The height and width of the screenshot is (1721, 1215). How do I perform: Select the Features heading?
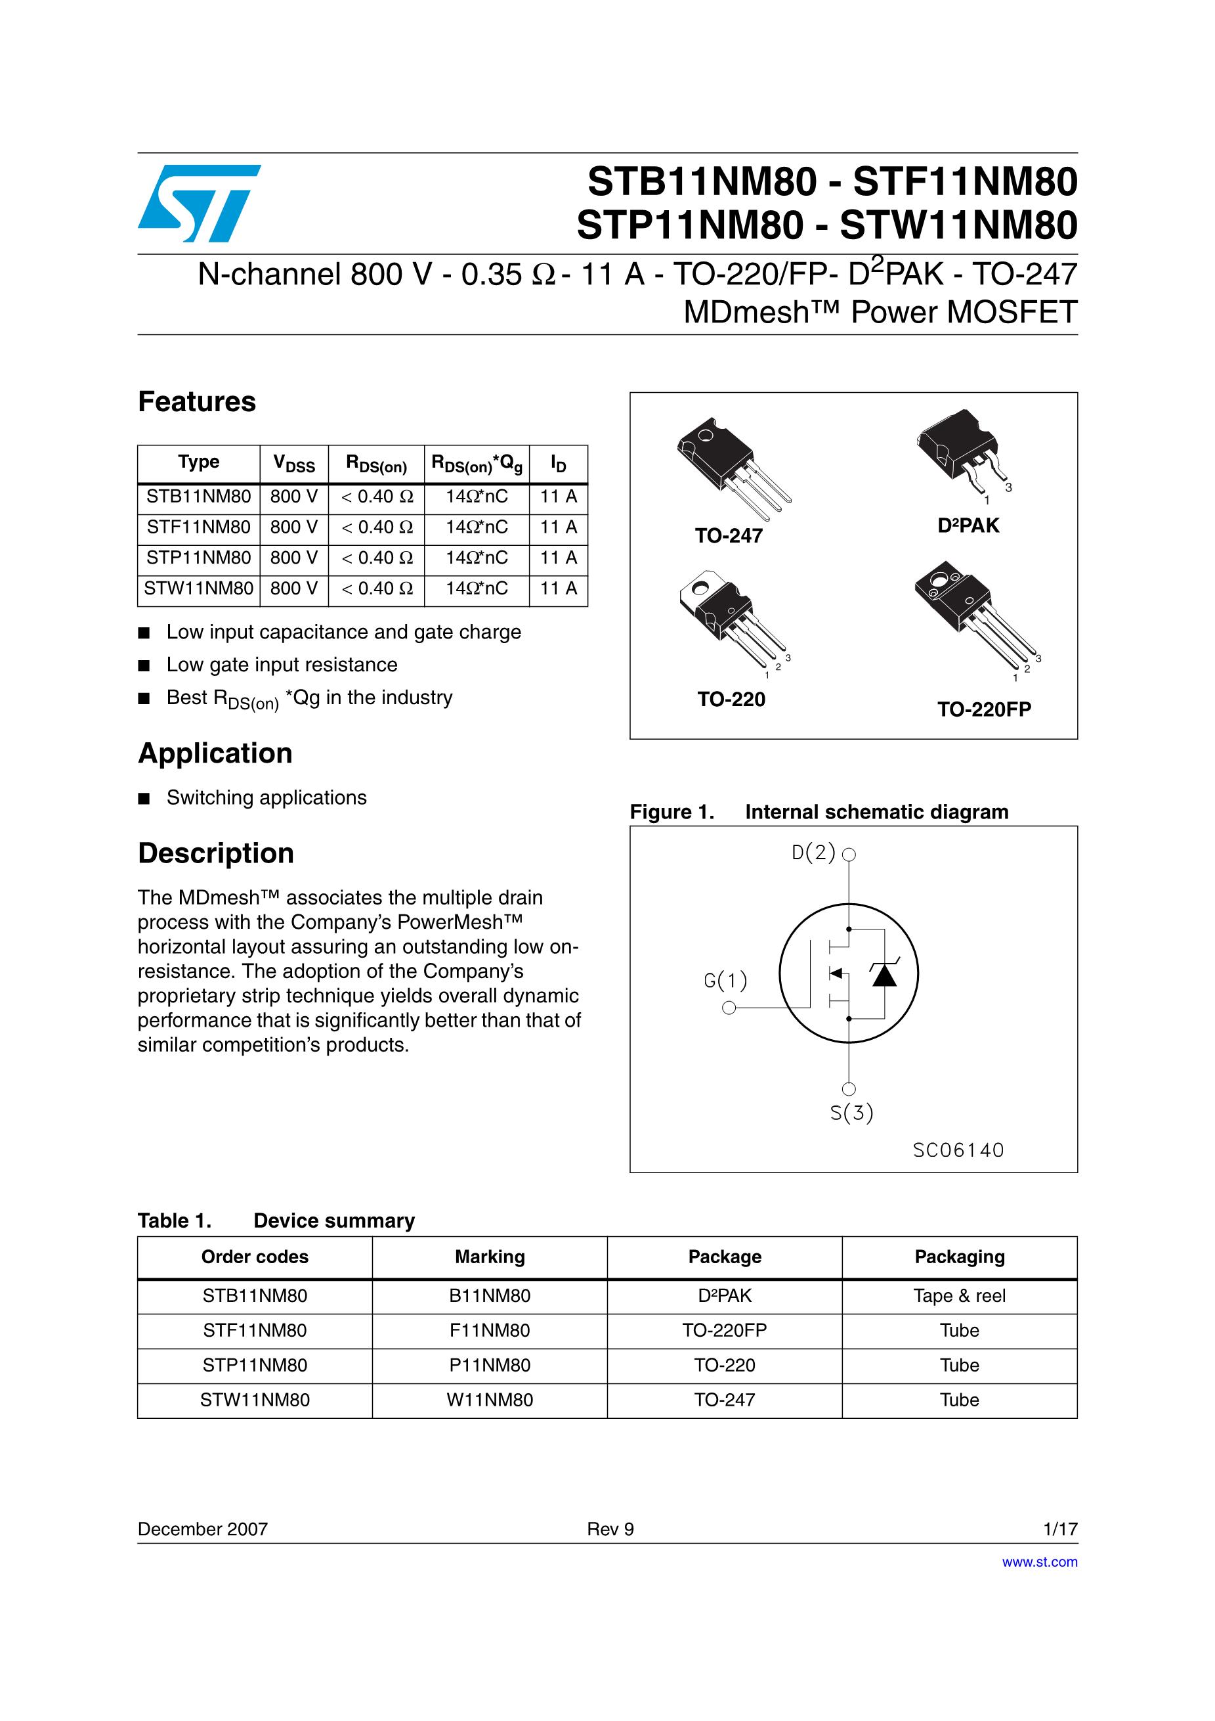(197, 402)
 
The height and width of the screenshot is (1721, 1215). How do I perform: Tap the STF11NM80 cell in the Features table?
(198, 527)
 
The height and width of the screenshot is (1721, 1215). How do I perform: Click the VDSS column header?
(293, 463)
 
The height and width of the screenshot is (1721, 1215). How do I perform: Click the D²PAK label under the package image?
(968, 526)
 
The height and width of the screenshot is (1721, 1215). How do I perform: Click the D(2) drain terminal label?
(814, 853)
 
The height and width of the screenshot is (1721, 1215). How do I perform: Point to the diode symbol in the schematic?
(885, 973)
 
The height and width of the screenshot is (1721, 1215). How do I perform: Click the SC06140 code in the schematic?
(958, 1150)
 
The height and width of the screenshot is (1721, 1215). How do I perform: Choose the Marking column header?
(490, 1257)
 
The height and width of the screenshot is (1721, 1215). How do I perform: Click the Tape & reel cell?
(960, 1296)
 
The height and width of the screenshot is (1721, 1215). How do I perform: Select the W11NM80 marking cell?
(490, 1400)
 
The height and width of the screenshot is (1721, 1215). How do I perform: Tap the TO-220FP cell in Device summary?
(725, 1330)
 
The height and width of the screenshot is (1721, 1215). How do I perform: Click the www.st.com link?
(1040, 1562)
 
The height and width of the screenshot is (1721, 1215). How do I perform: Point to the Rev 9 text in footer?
(610, 1529)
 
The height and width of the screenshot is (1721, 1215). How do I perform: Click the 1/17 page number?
(1060, 1529)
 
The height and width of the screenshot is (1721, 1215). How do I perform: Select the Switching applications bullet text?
(266, 797)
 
